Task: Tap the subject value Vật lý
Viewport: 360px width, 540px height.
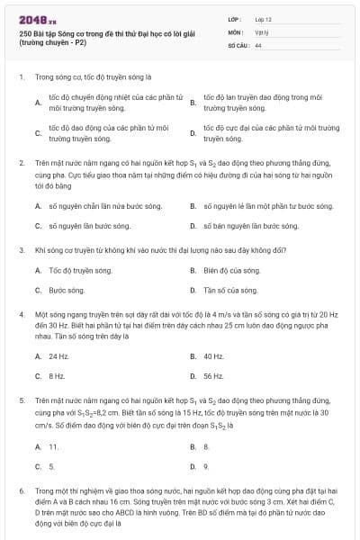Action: (x=261, y=31)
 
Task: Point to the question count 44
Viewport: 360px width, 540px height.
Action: (x=258, y=43)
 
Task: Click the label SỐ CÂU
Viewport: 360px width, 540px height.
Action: (x=238, y=43)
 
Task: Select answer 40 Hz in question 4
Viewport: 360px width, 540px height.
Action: (x=213, y=355)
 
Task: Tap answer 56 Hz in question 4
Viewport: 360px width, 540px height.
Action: (x=213, y=376)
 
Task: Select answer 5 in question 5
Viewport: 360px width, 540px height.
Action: (x=52, y=466)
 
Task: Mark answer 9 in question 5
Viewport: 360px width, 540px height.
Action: (x=206, y=466)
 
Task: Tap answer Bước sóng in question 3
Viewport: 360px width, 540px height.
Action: (x=67, y=290)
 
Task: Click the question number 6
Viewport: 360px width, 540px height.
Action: (x=21, y=493)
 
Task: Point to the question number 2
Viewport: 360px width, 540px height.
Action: (x=21, y=162)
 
